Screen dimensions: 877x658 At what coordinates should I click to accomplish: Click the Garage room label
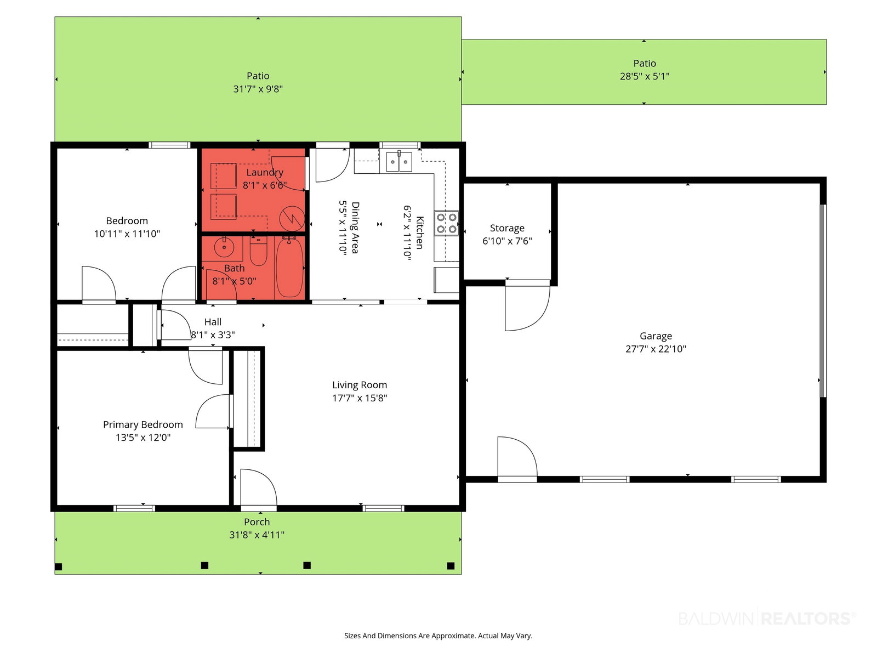(x=655, y=336)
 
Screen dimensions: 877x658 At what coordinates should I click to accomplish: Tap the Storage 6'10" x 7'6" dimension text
(x=507, y=241)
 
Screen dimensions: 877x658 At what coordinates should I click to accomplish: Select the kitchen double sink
(x=398, y=162)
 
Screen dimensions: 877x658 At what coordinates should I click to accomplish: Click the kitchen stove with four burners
(x=446, y=223)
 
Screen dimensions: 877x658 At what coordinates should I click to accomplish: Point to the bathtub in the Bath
(x=290, y=266)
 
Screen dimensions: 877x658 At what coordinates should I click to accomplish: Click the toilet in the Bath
(x=258, y=251)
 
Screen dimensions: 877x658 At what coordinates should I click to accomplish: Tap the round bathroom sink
(x=224, y=247)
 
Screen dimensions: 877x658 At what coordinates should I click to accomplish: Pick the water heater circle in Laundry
(x=292, y=219)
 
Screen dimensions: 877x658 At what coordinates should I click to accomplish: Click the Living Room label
(x=360, y=385)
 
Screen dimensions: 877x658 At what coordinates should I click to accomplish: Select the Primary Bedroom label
(x=143, y=424)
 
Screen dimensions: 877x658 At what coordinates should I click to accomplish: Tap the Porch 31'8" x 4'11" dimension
(x=257, y=535)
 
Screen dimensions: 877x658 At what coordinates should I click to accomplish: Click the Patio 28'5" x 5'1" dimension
(x=645, y=76)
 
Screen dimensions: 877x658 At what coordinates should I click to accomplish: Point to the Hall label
(x=213, y=322)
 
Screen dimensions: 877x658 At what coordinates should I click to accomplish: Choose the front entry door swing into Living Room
(x=259, y=489)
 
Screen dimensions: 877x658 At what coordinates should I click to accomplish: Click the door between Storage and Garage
(x=527, y=305)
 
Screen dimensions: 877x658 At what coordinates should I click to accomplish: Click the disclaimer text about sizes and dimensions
(x=438, y=636)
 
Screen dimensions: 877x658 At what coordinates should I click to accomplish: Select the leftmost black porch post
(x=58, y=566)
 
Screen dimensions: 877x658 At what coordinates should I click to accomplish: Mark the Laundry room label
(x=265, y=172)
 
